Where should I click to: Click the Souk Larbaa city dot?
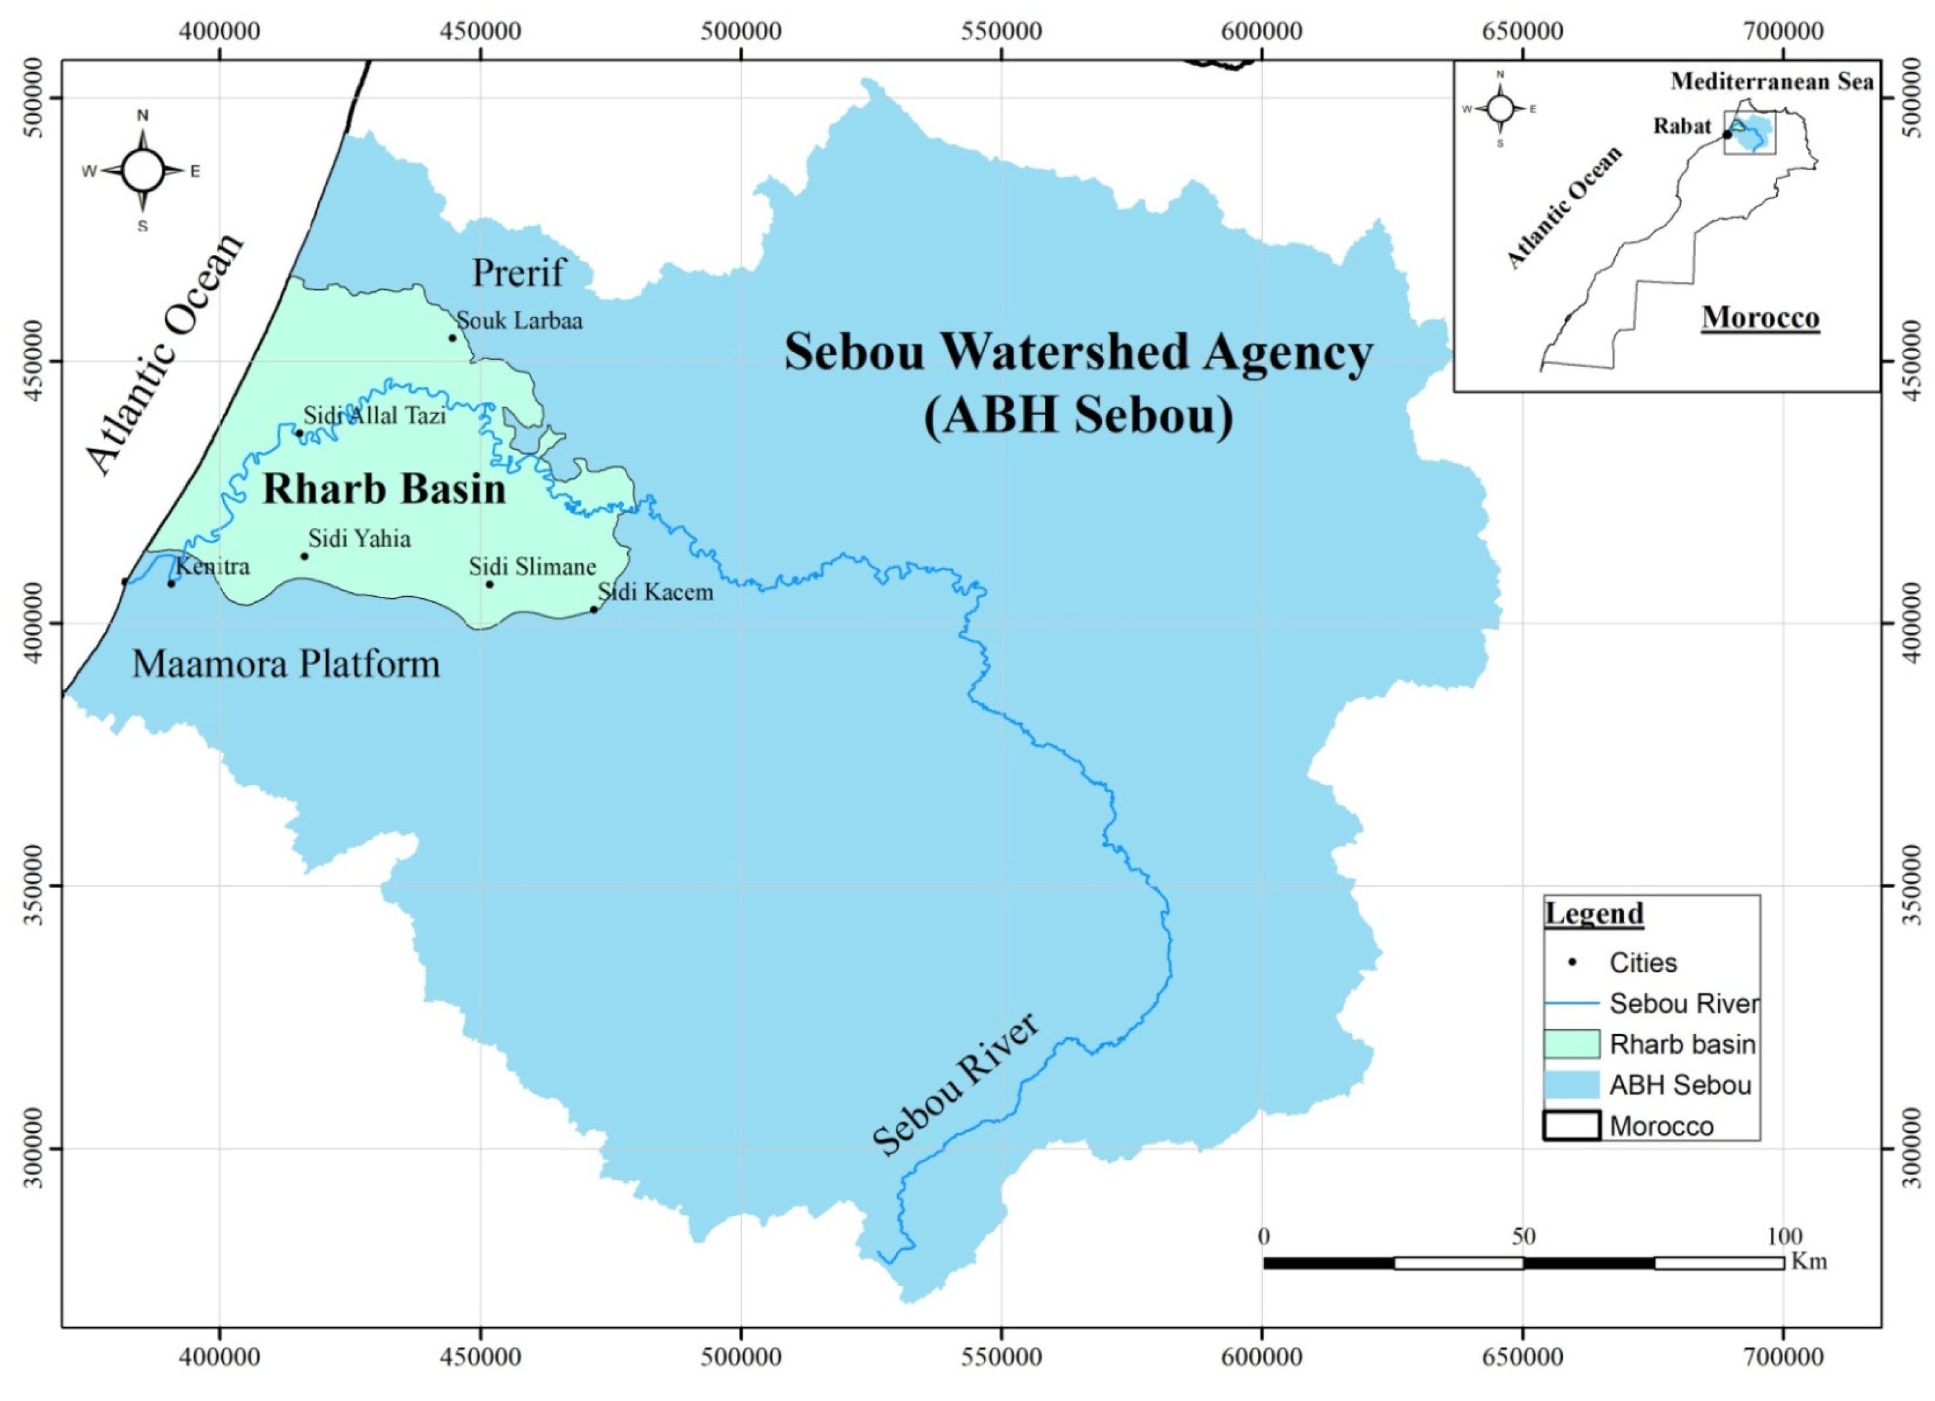point(452,338)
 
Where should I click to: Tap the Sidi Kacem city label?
point(656,592)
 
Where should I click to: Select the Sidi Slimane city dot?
point(490,584)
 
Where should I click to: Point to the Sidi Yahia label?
point(359,539)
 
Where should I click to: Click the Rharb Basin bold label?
point(384,489)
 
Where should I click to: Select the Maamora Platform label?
point(286,664)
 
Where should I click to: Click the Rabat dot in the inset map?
point(1727,135)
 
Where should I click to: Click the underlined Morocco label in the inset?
point(1760,318)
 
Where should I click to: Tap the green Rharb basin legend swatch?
point(1571,1044)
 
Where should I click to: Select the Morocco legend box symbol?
point(1571,1126)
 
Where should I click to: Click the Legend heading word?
point(1594,914)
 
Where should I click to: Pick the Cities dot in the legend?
point(1571,963)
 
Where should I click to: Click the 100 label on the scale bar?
point(1784,1237)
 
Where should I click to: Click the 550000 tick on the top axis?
point(1001,32)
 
